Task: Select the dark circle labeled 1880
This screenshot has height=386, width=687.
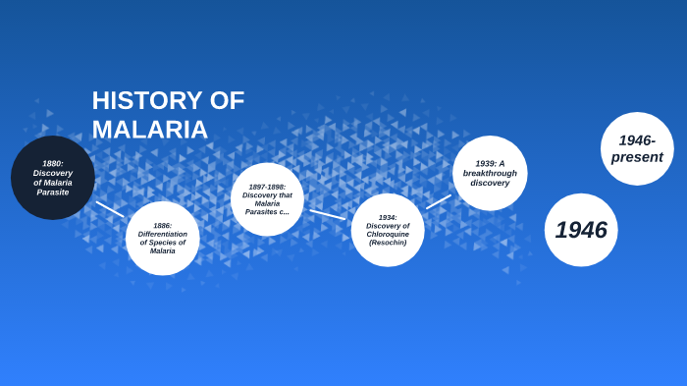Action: click(53, 178)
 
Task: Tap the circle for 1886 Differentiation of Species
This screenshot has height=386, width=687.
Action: click(163, 239)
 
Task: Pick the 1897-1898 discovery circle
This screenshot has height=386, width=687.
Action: click(267, 199)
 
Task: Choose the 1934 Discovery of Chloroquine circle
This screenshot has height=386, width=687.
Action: click(388, 230)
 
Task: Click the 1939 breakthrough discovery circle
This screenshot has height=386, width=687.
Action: click(490, 173)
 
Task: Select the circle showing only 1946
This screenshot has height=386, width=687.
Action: click(581, 230)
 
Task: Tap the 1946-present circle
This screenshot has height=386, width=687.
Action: click(637, 149)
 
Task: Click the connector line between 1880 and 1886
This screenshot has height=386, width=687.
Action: click(110, 209)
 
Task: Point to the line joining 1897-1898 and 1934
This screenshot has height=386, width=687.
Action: click(328, 214)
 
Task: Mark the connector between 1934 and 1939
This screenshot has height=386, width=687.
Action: click(439, 201)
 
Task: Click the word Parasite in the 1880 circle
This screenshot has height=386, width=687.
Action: click(53, 193)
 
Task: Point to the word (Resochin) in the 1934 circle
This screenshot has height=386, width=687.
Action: click(388, 242)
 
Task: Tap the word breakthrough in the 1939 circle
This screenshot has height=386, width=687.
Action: click(490, 173)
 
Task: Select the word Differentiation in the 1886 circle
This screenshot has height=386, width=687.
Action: click(163, 234)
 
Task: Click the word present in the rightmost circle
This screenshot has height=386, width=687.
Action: click(637, 157)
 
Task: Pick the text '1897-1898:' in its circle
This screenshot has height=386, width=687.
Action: click(267, 187)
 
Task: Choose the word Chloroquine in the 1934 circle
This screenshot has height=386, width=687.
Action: click(388, 234)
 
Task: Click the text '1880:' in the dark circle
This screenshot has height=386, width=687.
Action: click(53, 163)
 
